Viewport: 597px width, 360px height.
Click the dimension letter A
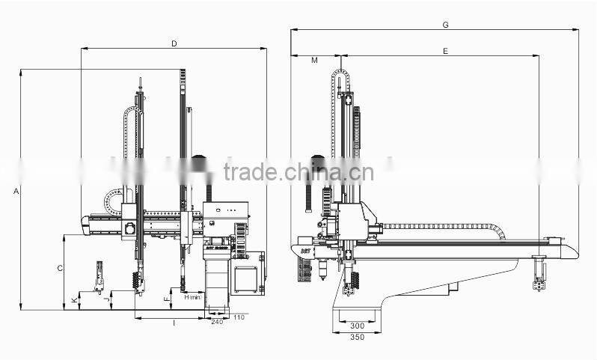(x=16, y=192)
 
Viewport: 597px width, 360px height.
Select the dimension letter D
(x=174, y=44)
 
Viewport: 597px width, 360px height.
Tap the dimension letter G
(x=445, y=25)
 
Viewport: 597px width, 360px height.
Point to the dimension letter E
(x=445, y=51)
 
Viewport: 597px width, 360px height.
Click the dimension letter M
(x=314, y=60)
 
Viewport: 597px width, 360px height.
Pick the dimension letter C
(x=60, y=267)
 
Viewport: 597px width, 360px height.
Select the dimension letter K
(x=73, y=300)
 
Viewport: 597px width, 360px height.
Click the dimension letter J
(x=106, y=300)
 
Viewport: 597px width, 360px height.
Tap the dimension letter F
(x=166, y=299)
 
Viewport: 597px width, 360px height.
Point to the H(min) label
(x=192, y=297)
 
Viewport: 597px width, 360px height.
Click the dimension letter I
(x=174, y=323)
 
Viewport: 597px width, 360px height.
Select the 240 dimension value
(x=218, y=322)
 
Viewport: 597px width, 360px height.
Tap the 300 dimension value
(x=357, y=326)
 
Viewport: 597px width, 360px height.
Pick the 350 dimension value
(x=357, y=338)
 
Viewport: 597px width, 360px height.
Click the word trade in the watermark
(x=250, y=172)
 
